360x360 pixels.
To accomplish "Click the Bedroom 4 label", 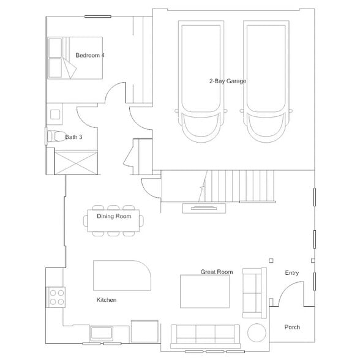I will (89, 56).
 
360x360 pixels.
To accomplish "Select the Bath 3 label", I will (73, 137).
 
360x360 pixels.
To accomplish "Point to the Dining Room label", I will (114, 216).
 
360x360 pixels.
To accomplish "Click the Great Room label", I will (217, 271).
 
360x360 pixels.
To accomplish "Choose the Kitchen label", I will (107, 300).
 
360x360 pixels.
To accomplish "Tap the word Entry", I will (292, 273).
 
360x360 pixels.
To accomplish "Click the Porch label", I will (292, 328).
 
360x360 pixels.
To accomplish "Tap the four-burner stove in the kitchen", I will (56, 298).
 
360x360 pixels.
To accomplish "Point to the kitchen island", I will (122, 276).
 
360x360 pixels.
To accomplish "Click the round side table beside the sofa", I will (257, 334).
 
